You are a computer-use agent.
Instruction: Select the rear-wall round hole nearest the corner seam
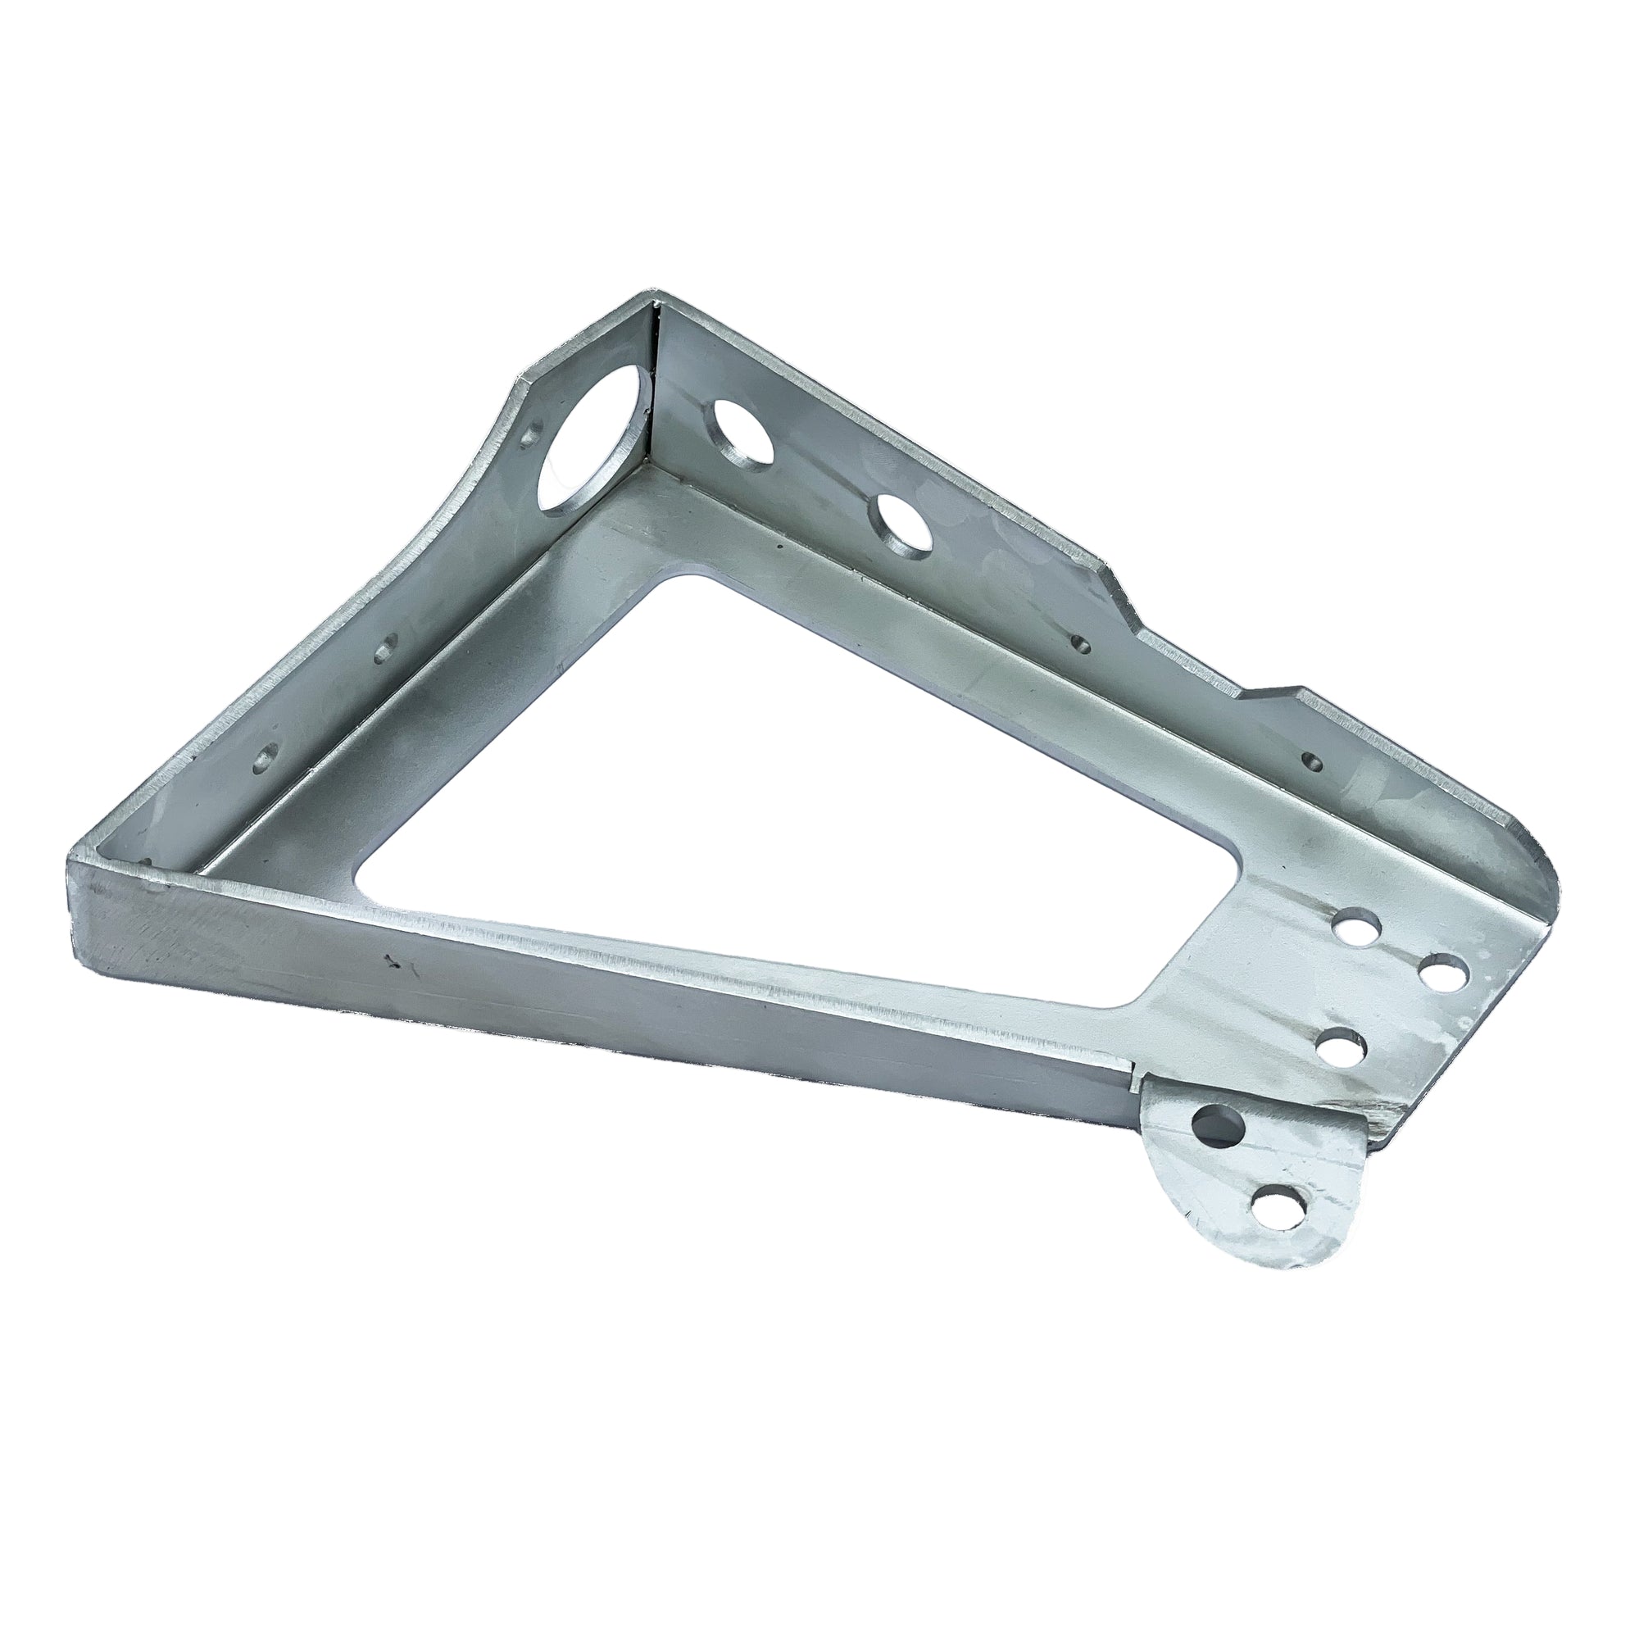pyautogui.click(x=742, y=432)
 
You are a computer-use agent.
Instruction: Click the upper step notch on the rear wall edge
pyautogui.click(x=1119, y=594)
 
